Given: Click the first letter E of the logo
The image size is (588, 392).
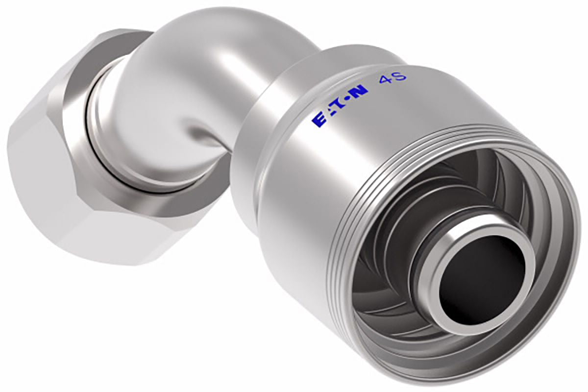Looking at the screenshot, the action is point(317,120).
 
